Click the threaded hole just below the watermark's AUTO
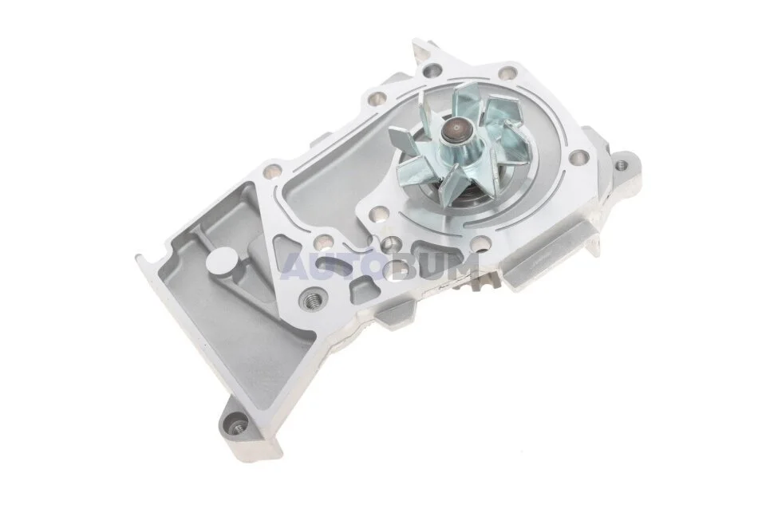[309, 301]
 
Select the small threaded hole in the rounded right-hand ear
[620, 165]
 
